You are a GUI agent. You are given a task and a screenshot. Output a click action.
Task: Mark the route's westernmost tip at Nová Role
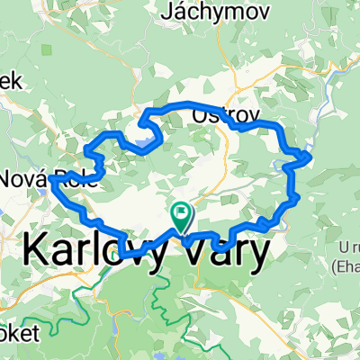coord(51,180)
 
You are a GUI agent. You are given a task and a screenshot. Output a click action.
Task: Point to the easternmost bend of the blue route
coord(310,157)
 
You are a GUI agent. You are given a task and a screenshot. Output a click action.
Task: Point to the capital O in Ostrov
coord(201,115)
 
